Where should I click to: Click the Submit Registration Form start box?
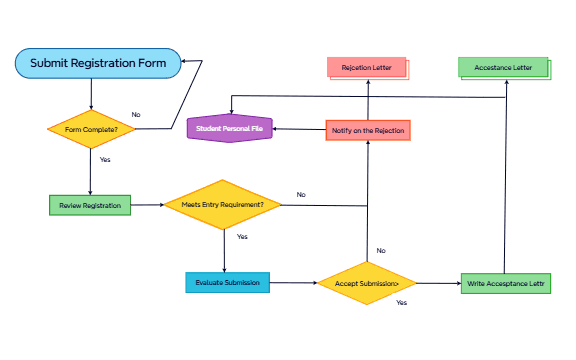tap(98, 63)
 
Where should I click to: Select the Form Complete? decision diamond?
tap(91, 129)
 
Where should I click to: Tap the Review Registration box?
tap(90, 205)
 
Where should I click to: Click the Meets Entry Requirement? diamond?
tap(222, 205)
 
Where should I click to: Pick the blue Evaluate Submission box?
tap(227, 283)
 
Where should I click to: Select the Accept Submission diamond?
tap(367, 283)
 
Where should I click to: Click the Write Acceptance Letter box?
tap(506, 284)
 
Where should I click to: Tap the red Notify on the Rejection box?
tap(367, 130)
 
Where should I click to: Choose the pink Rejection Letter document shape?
tap(367, 68)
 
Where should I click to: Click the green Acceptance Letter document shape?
tap(503, 68)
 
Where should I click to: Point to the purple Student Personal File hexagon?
tap(231, 129)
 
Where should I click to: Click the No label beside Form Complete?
tap(136, 114)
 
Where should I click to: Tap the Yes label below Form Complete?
tap(105, 160)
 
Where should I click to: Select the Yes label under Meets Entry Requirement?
tap(242, 237)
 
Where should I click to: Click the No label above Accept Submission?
tap(381, 250)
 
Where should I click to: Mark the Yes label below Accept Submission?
tap(401, 302)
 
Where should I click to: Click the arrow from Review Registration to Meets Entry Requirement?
tap(147, 205)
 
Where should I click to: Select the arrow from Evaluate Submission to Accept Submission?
tap(294, 283)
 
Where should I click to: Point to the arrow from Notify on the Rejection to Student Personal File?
tap(301, 130)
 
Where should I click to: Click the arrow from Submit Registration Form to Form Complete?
tap(91, 94)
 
